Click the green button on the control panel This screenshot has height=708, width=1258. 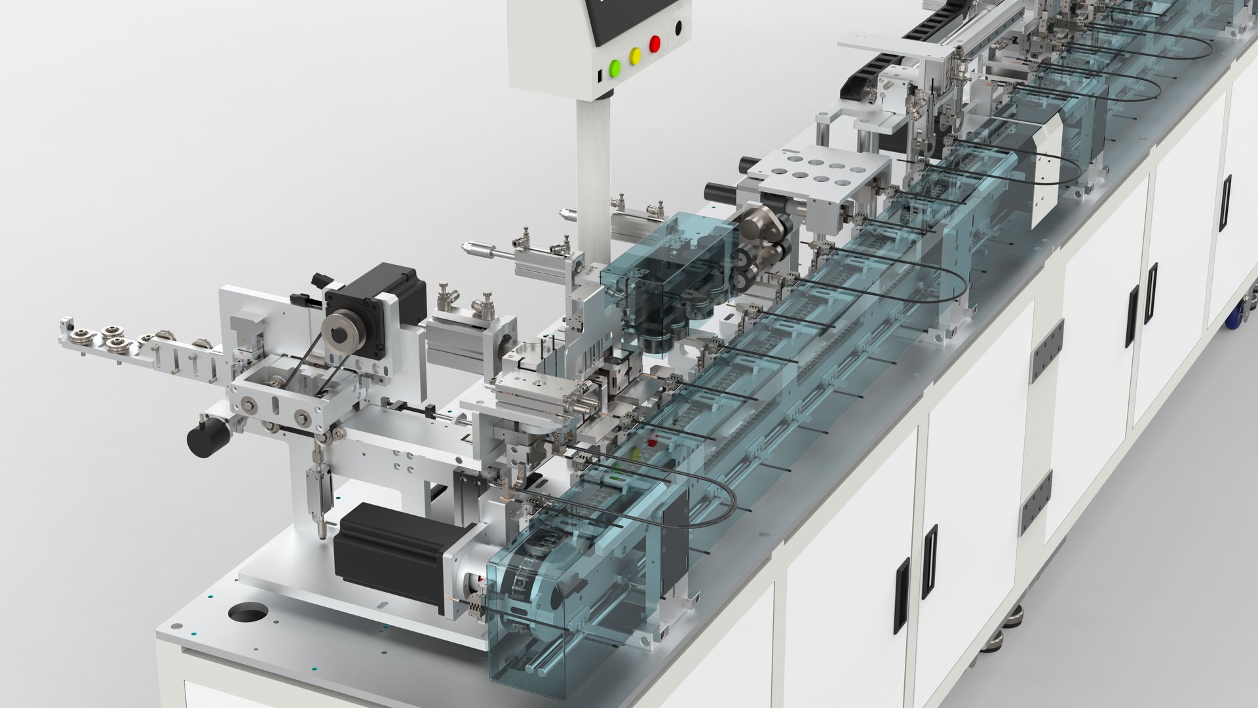click(x=615, y=67)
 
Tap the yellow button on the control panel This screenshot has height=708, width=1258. click(x=634, y=56)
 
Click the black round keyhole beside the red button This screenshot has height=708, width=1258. click(x=678, y=28)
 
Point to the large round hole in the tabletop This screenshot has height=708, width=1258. click(x=248, y=614)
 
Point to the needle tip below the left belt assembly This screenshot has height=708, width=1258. click(x=321, y=535)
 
